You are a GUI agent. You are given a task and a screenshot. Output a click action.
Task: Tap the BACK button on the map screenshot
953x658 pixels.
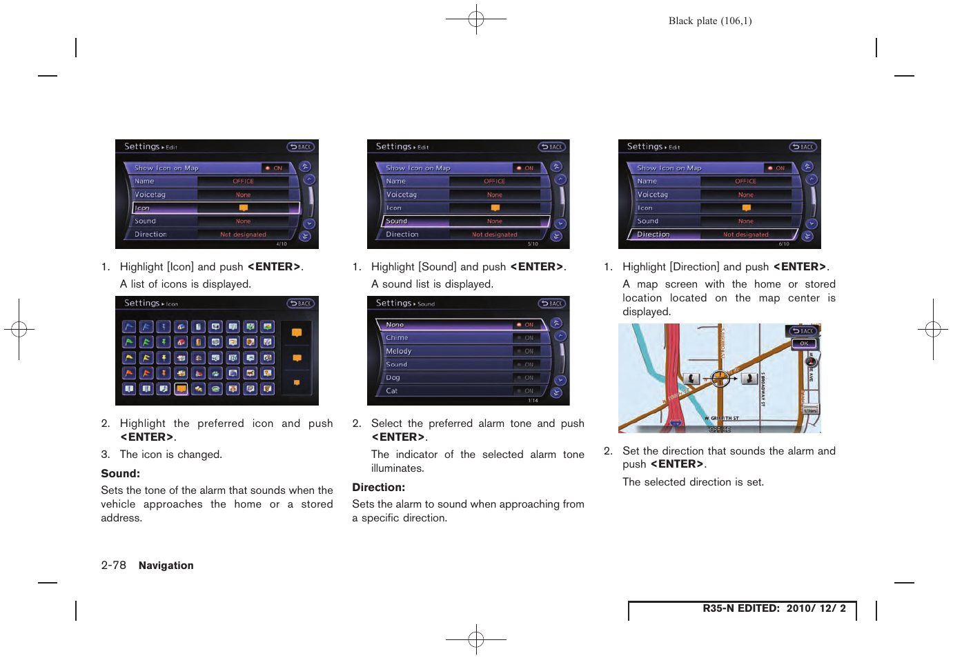click(x=803, y=331)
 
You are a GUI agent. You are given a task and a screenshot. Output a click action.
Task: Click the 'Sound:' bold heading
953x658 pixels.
click(x=120, y=474)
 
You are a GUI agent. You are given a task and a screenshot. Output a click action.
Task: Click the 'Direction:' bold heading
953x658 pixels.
click(x=378, y=488)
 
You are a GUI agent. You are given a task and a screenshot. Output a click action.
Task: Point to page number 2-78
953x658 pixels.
click(x=113, y=566)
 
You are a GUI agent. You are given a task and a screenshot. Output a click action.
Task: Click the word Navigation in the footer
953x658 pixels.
click(x=166, y=566)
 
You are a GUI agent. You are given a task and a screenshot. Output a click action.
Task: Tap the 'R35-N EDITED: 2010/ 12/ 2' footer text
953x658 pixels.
click(x=774, y=608)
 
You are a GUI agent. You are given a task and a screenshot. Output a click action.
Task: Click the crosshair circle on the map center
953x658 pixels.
click(x=720, y=379)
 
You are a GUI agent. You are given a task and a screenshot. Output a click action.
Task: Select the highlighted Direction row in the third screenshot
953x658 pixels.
click(x=713, y=235)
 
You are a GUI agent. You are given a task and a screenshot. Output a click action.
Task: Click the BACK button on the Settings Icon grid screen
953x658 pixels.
click(x=301, y=303)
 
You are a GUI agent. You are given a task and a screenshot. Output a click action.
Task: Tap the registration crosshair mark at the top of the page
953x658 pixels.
click(x=476, y=19)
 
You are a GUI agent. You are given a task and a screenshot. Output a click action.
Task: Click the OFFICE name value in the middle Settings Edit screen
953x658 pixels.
click(x=494, y=181)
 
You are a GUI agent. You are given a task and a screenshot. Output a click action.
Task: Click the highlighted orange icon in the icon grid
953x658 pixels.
click(x=181, y=389)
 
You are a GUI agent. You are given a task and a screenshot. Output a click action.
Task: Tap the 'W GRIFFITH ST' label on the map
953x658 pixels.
click(x=722, y=419)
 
